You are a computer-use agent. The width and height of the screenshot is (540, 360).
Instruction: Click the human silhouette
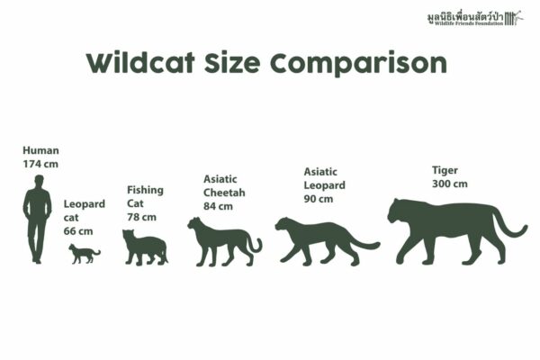[x=38, y=220]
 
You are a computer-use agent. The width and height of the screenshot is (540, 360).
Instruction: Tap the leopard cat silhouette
[x=83, y=255]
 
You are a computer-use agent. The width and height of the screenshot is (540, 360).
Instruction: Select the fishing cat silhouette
[x=144, y=247]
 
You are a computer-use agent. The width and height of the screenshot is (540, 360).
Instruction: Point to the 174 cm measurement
[x=40, y=165]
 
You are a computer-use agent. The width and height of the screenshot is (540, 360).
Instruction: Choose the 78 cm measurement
[x=141, y=217]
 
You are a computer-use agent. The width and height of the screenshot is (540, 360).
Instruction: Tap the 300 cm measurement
[x=450, y=184]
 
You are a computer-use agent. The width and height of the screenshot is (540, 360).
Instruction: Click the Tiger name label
[x=445, y=169]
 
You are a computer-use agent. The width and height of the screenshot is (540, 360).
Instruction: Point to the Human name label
[x=40, y=150]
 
